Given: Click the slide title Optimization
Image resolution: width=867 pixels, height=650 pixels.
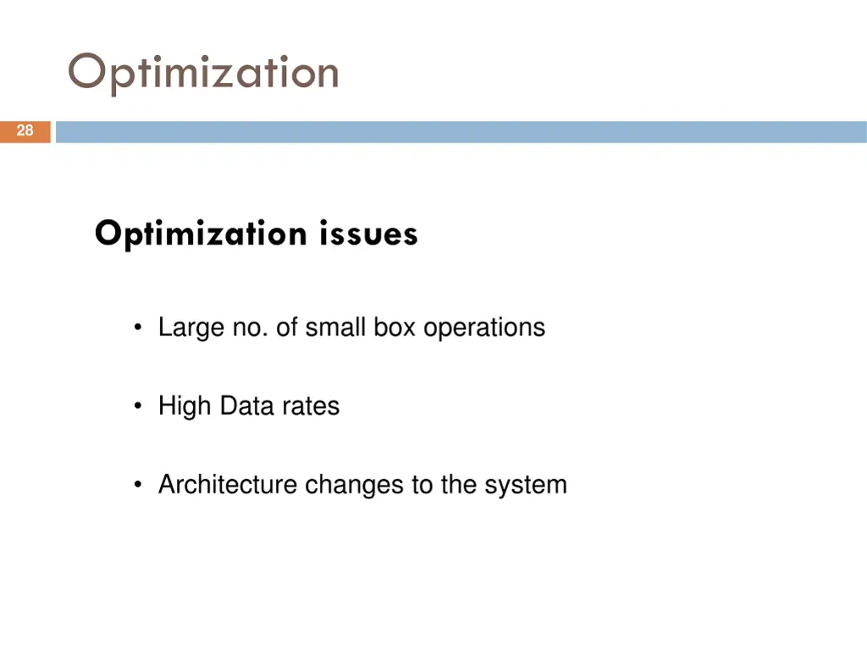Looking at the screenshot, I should click(x=203, y=73).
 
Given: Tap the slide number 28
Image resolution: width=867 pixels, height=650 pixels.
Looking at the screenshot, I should click(x=25, y=130).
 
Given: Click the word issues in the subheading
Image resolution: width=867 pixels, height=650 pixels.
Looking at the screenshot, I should click(x=369, y=233).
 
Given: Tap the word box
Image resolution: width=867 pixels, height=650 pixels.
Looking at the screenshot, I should click(x=394, y=328).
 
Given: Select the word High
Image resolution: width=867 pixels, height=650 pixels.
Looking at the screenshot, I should click(x=184, y=406).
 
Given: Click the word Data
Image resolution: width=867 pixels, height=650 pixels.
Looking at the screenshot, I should click(x=246, y=405).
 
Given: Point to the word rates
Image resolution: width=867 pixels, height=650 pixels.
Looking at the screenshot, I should click(x=311, y=406).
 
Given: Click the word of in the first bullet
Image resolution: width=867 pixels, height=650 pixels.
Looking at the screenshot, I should click(x=286, y=328).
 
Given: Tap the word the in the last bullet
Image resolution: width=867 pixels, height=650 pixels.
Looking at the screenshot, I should click(x=457, y=485).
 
